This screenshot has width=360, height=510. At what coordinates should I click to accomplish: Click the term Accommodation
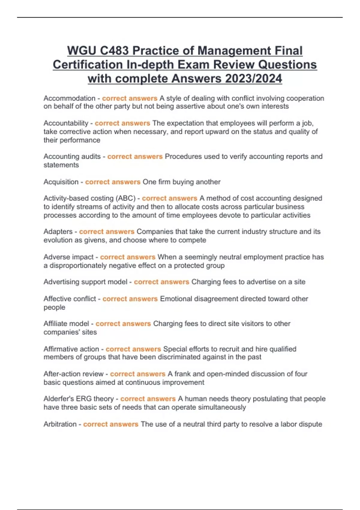69,98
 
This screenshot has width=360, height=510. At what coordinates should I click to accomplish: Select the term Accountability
66,123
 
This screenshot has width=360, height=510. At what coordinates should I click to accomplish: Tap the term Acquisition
61,182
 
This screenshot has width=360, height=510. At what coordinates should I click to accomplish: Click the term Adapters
58,232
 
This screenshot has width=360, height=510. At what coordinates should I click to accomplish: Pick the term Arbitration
60,424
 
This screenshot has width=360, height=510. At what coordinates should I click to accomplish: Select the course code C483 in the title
114,51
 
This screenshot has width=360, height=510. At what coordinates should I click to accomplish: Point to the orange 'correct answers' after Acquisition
113,182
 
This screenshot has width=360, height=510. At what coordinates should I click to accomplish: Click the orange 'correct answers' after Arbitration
111,424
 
